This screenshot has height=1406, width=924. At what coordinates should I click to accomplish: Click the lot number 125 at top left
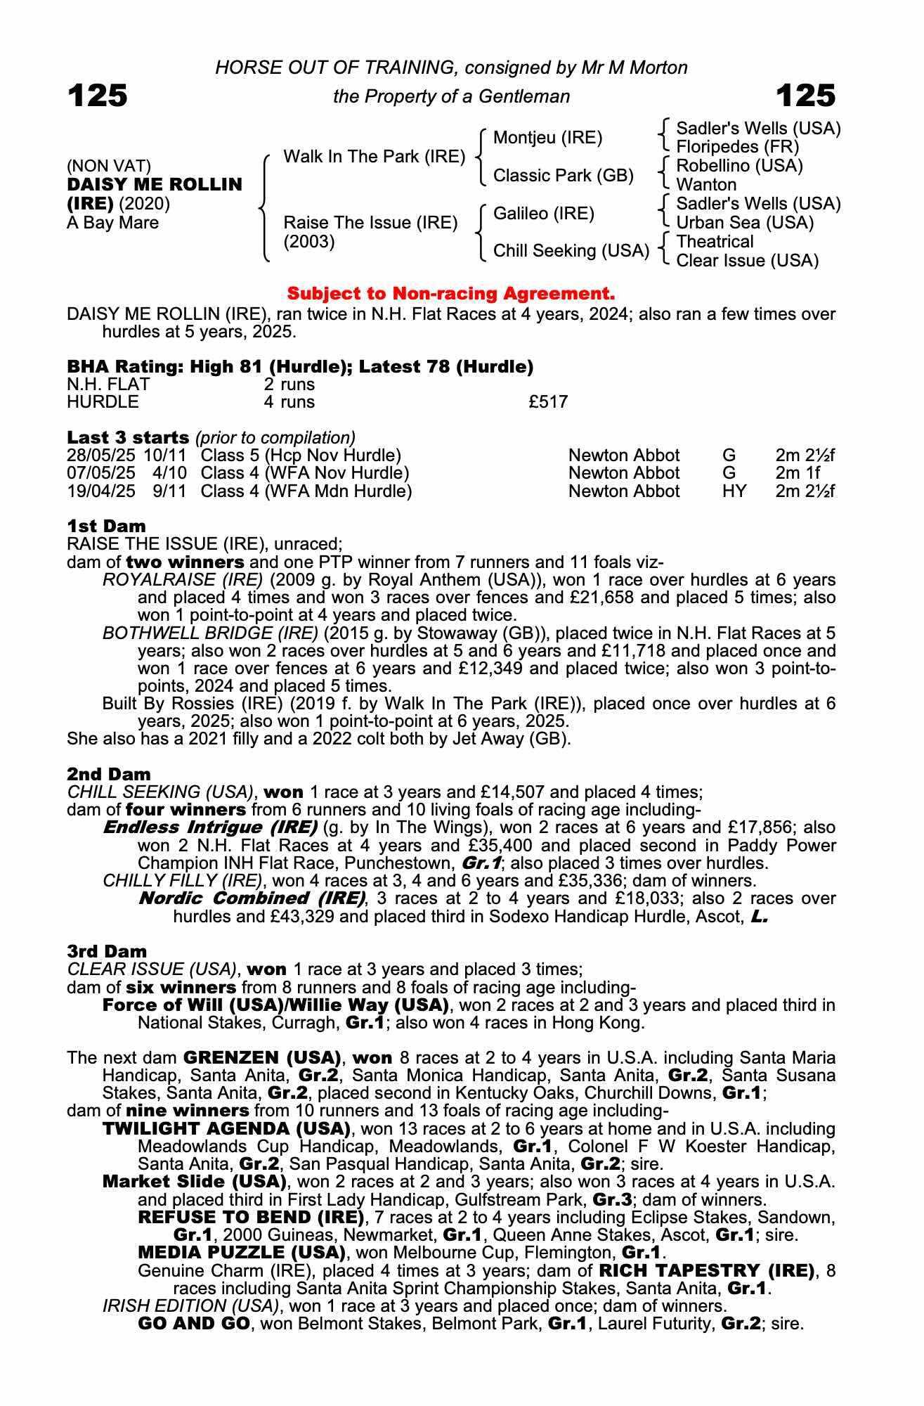(98, 96)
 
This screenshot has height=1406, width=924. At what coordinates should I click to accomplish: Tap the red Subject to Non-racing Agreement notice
(451, 293)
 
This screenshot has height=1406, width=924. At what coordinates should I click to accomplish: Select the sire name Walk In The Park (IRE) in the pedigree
(374, 156)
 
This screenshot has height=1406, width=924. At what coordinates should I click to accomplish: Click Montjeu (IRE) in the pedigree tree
(547, 138)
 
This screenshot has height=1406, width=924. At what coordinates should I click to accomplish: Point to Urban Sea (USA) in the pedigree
(745, 223)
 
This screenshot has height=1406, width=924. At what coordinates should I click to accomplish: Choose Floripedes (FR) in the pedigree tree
(737, 147)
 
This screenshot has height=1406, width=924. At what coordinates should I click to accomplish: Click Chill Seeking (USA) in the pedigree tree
(571, 251)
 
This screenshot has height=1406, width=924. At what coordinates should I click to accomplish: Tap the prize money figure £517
(548, 402)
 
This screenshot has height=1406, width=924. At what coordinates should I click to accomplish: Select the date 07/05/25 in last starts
(101, 473)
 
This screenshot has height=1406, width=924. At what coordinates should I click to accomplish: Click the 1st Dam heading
(107, 526)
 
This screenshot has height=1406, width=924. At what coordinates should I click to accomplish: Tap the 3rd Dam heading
(107, 951)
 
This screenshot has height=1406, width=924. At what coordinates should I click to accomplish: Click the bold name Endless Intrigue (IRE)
(210, 827)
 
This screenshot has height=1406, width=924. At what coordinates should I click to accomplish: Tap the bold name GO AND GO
(194, 1324)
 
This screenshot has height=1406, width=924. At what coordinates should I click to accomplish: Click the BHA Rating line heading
(300, 366)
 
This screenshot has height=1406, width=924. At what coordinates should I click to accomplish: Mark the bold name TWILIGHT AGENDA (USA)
(226, 1129)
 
